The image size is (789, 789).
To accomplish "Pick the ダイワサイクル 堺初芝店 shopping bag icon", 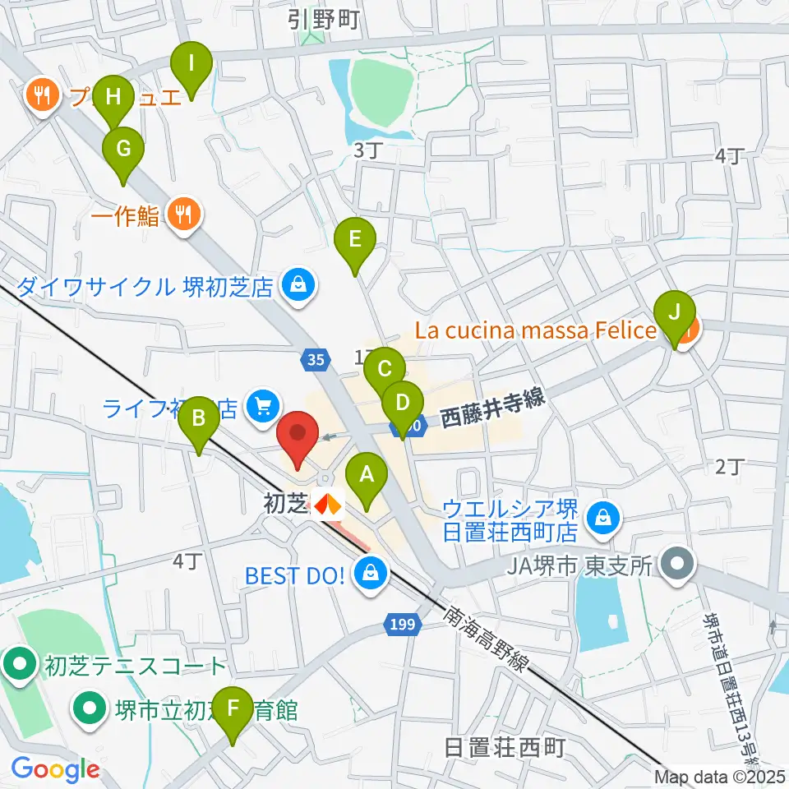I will pyautogui.click(x=295, y=286).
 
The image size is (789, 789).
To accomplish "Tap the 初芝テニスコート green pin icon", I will pyautogui.click(x=18, y=665).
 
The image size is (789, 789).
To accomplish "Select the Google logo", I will pyautogui.click(x=54, y=770).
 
